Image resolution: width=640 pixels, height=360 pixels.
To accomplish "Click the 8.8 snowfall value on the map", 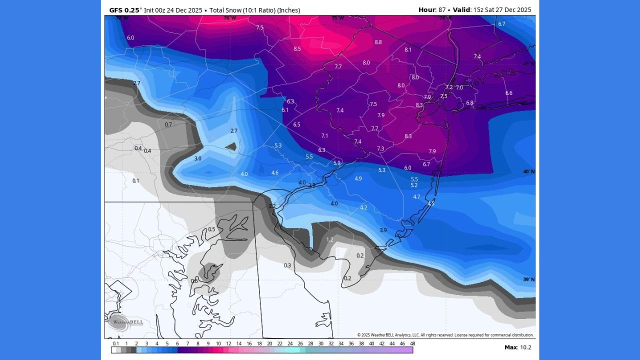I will pyautogui.click(x=378, y=42).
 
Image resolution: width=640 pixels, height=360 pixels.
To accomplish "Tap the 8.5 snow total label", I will pyautogui.click(x=297, y=49).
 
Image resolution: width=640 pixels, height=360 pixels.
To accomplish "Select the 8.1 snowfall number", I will pyautogui.click(x=408, y=50).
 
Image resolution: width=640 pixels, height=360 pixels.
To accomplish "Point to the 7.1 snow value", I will pyautogui.click(x=324, y=136).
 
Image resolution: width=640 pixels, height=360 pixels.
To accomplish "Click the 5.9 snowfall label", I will pyautogui.click(x=336, y=163).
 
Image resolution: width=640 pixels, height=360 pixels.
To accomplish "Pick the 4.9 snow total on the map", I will pyautogui.click(x=358, y=178).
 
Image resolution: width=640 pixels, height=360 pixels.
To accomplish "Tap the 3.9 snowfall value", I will pyautogui.click(x=383, y=230).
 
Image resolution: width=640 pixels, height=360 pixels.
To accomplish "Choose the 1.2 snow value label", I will pyautogui.click(x=329, y=240).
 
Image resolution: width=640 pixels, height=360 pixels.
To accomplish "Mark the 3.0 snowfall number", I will pyautogui.click(x=197, y=158).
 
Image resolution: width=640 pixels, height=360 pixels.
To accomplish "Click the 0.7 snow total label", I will pyautogui.click(x=168, y=124).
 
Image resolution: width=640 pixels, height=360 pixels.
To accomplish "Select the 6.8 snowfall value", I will pyautogui.click(x=469, y=103).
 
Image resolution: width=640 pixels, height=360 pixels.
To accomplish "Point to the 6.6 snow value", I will pyautogui.click(x=508, y=93).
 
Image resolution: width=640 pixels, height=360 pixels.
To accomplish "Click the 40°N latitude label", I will pyautogui.click(x=528, y=171).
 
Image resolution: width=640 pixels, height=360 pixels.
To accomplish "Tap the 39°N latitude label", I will pyautogui.click(x=528, y=279).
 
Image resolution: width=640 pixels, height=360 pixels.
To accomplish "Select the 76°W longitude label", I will pyautogui.click(x=229, y=18).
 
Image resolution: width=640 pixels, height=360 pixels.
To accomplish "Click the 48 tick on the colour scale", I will pyautogui.click(x=412, y=343).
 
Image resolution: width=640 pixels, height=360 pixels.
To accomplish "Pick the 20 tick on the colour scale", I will pyautogui.click(x=269, y=343).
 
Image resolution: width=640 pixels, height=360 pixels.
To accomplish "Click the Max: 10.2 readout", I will pyautogui.click(x=517, y=347).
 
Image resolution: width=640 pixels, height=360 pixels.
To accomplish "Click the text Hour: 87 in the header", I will pyautogui.click(x=431, y=9).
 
